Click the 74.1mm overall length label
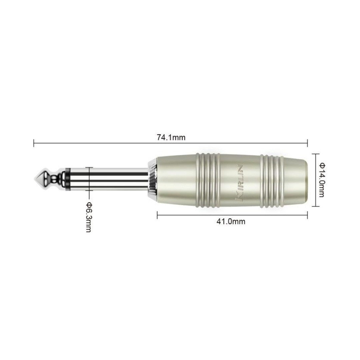[171, 137]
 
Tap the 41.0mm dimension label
[231, 222]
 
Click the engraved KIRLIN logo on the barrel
[240, 183]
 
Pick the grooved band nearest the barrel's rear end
[272, 180]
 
